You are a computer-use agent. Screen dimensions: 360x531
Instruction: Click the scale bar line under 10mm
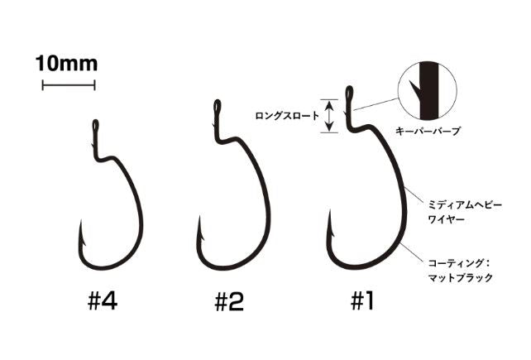[x=69, y=84]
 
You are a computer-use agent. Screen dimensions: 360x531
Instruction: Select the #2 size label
[x=229, y=302]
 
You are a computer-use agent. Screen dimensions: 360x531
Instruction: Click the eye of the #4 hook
[x=94, y=125]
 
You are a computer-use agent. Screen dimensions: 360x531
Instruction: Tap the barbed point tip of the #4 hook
[x=82, y=223]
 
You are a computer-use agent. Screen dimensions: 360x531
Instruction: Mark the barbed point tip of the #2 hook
[x=199, y=218]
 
